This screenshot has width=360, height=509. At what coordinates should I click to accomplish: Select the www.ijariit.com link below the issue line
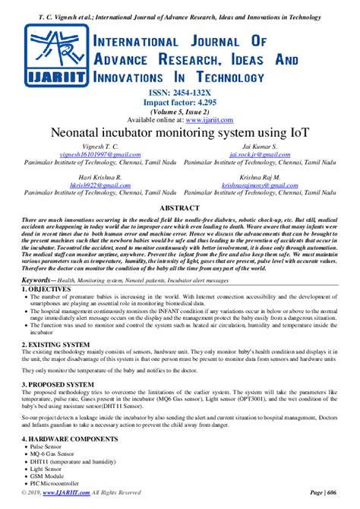click(210, 119)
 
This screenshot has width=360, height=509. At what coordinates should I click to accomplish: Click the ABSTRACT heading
click(180, 207)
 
